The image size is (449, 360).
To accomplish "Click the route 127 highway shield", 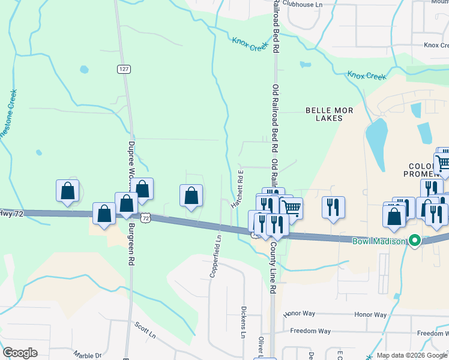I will pyautogui.click(x=124, y=69).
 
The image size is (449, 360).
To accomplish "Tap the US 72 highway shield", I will pyautogui.click(x=145, y=218).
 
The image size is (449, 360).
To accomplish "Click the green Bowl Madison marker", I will pyautogui.click(x=413, y=241).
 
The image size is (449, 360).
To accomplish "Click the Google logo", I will pyautogui.click(x=20, y=353).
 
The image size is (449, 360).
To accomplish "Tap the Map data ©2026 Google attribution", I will pyautogui.click(x=411, y=355).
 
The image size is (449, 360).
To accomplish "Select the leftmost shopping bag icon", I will pyautogui.click(x=68, y=191).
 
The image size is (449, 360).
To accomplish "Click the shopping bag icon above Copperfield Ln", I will pyautogui.click(x=191, y=196).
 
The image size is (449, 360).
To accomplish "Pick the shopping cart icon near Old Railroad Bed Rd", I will pyautogui.click(x=291, y=208).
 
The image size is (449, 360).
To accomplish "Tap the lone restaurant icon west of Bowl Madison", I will pyautogui.click(x=333, y=207).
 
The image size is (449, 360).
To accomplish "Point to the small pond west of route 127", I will pyautogui.click(x=83, y=69).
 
